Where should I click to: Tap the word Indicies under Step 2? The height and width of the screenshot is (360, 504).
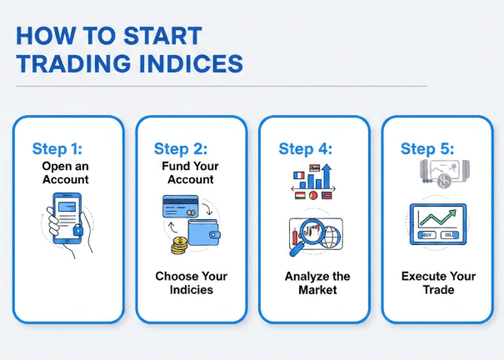[191, 289]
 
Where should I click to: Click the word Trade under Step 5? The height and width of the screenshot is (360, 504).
[438, 289]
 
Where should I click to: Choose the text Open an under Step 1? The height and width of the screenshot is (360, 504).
[66, 165]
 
